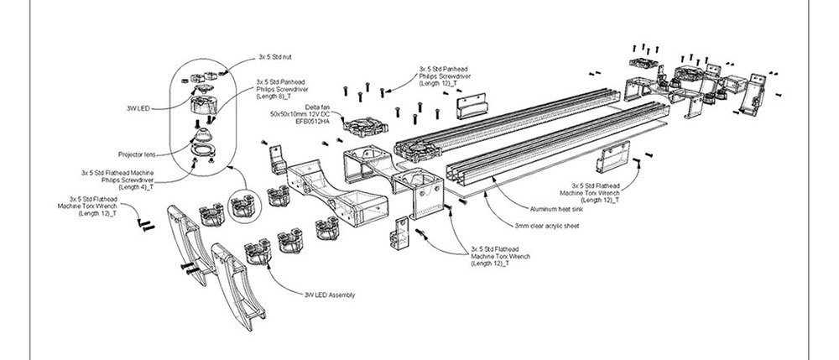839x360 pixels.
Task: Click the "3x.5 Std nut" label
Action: (x=274, y=58)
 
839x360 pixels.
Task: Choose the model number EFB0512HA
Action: (x=300, y=120)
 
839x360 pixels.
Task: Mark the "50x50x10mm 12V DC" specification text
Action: (x=300, y=114)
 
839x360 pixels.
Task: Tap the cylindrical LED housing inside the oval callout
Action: (x=201, y=106)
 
